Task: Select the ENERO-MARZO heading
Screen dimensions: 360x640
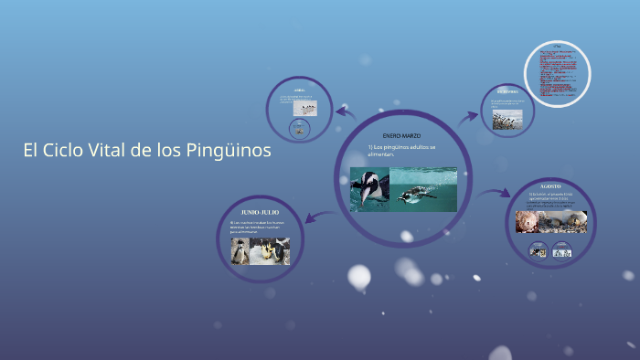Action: pos(401,135)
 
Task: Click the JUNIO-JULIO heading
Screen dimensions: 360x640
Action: pos(261,212)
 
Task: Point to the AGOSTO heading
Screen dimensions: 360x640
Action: pos(550,185)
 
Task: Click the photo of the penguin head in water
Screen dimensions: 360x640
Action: pos(370,189)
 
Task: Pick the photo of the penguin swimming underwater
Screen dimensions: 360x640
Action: pos(423,189)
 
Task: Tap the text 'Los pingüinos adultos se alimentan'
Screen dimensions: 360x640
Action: pos(402,151)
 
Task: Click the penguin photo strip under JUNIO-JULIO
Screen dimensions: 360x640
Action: pos(261,251)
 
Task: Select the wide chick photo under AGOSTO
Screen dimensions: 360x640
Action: pos(550,222)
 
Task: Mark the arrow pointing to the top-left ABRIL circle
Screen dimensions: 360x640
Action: pos(346,112)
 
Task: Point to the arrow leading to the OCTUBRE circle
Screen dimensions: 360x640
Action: pos(468,116)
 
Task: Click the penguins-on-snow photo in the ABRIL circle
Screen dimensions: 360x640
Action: pos(304,109)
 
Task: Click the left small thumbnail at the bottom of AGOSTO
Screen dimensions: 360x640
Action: pos(538,250)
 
